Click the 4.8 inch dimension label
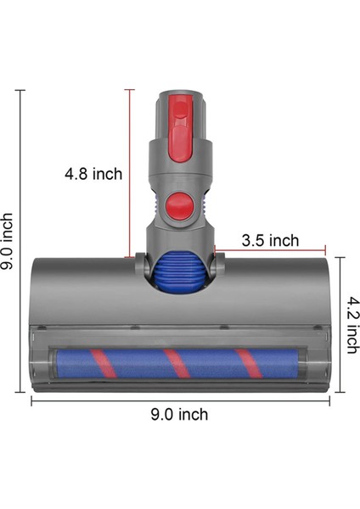tap(93, 174)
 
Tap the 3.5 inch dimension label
tap(270, 240)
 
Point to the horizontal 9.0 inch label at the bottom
tap(179, 415)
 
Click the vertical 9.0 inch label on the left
tap(8, 241)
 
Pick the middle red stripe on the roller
tap(174, 362)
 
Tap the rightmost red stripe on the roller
tap(247, 362)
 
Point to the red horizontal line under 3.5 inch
tap(270, 250)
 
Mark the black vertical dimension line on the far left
tap(21, 241)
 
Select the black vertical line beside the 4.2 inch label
tap(340, 324)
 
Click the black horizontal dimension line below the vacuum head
tap(179, 401)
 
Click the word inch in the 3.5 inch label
tap(284, 240)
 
